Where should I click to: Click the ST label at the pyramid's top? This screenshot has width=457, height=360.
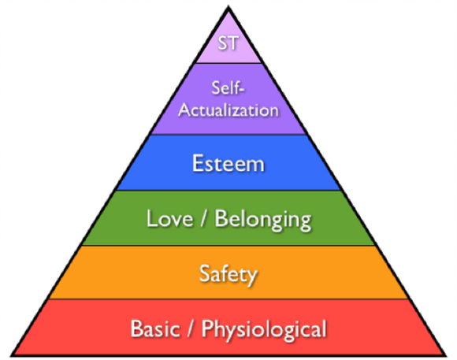[228, 43]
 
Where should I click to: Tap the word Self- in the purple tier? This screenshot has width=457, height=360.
[228, 87]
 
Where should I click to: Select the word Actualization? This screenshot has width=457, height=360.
[228, 110]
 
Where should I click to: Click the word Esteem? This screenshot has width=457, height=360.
[228, 163]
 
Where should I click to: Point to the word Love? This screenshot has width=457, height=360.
[169, 218]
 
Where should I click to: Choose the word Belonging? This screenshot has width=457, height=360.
[263, 220]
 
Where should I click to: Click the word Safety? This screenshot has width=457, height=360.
[228, 274]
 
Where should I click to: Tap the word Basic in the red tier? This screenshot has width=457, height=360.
[155, 328]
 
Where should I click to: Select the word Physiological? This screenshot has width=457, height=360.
[264, 330]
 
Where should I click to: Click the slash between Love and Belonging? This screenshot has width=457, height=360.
[204, 219]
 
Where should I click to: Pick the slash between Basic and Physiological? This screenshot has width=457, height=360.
[191, 328]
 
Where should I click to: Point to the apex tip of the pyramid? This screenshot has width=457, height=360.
[228, 6]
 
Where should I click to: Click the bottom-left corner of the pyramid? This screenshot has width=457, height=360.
[11, 355]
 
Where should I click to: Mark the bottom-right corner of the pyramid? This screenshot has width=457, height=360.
[446, 355]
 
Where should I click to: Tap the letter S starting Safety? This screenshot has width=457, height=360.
[205, 273]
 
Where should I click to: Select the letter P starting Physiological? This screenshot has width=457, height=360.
[207, 328]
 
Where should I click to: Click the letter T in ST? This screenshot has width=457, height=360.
[234, 43]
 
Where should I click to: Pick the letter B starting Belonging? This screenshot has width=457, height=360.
[221, 218]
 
